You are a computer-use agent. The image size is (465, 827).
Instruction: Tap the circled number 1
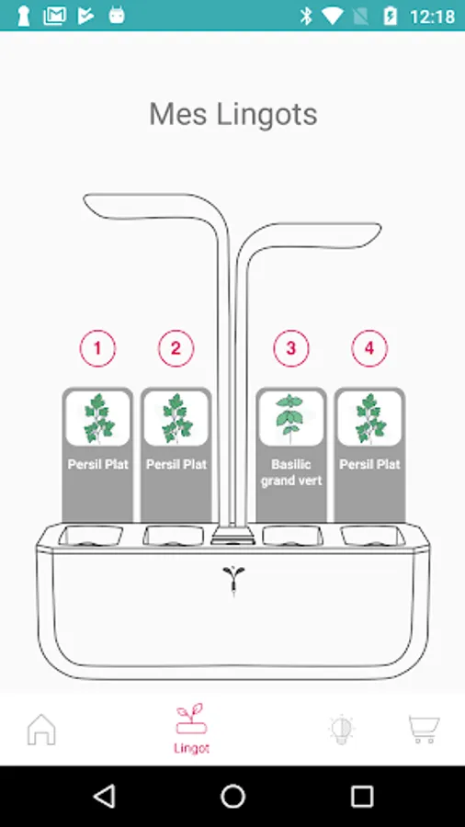tap(97, 348)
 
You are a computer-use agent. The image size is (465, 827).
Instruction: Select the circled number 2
tap(176, 348)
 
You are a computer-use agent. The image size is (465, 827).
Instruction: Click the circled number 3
tap(291, 348)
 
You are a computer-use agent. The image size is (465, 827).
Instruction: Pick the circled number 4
tap(369, 348)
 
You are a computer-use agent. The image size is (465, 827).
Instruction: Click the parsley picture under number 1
tap(97, 418)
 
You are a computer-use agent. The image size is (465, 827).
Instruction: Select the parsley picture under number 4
tap(369, 418)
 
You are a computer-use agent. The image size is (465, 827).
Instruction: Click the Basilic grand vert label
tap(291, 472)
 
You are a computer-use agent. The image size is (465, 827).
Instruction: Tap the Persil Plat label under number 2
tap(176, 464)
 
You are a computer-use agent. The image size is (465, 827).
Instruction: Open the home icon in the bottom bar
tap(41, 730)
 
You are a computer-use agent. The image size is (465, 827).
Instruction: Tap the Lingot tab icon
tap(191, 719)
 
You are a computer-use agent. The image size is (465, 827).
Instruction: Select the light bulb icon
tap(341, 730)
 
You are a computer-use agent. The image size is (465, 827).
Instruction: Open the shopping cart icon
tap(424, 730)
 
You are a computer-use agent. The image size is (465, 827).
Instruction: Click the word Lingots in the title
tap(267, 115)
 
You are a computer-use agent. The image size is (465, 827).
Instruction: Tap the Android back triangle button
tap(105, 796)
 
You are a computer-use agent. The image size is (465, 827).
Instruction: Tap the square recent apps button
tap(362, 796)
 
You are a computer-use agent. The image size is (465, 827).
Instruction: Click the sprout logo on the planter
tap(233, 580)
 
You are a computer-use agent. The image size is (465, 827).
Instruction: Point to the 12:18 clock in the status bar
tap(432, 17)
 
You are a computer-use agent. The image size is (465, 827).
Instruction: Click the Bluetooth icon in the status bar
tap(306, 16)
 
